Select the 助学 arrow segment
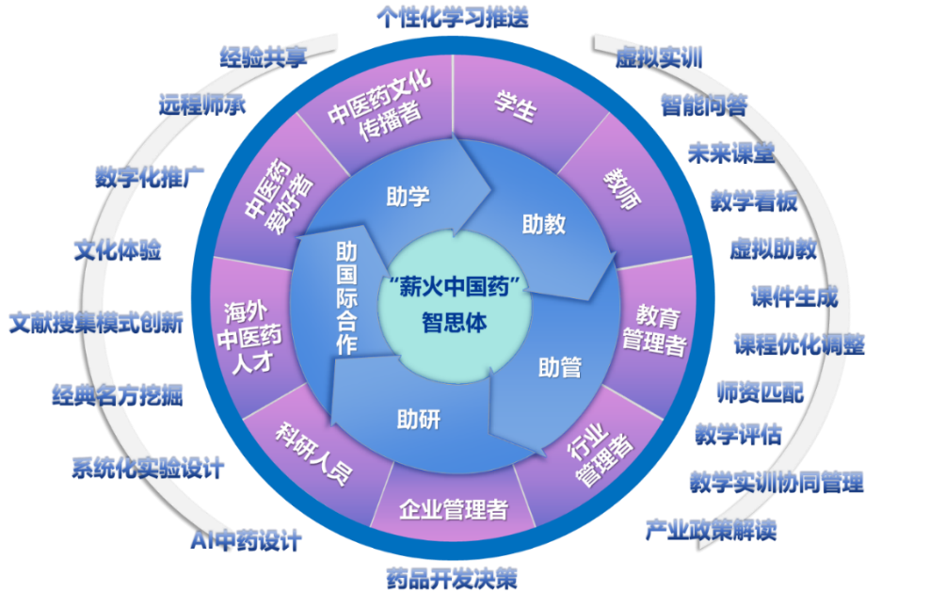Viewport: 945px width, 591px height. click(x=408, y=197)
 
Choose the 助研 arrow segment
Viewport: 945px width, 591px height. click(x=419, y=419)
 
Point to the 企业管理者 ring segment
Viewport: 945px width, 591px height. click(x=453, y=510)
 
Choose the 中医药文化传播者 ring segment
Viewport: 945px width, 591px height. click(x=380, y=106)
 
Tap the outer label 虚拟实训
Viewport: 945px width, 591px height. click(x=659, y=58)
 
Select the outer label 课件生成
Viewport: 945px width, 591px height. click(x=793, y=298)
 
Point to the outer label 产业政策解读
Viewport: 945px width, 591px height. click(x=711, y=530)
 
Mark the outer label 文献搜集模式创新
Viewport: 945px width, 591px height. click(x=95, y=324)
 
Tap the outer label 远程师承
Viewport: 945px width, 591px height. click(x=202, y=104)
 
